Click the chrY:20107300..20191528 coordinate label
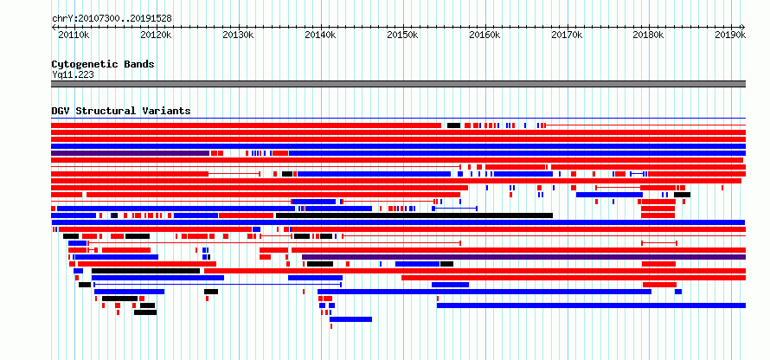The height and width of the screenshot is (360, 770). point(112,19)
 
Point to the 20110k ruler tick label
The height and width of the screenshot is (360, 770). point(74,35)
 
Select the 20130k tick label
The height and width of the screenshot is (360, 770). point(238,35)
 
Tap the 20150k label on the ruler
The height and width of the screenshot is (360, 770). point(402,35)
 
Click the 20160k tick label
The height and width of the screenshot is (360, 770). point(484,35)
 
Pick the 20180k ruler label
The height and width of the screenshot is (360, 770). point(648,35)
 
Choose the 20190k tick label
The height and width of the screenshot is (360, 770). point(730,35)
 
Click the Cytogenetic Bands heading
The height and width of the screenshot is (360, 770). point(103,64)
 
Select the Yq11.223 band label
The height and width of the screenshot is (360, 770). point(73,74)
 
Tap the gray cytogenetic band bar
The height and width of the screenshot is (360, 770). point(398,84)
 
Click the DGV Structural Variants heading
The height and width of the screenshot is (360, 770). point(121,111)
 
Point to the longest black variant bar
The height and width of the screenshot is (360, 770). point(414,215)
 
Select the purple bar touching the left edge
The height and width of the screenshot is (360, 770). point(130,153)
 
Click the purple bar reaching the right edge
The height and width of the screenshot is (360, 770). point(524,257)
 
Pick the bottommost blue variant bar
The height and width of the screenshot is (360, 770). point(350,319)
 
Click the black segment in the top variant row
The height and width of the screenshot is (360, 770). point(453,125)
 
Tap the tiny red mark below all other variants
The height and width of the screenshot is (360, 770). point(331,326)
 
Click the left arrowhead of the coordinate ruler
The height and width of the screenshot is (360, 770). point(53,27)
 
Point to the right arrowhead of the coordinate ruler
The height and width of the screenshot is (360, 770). point(743,27)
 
